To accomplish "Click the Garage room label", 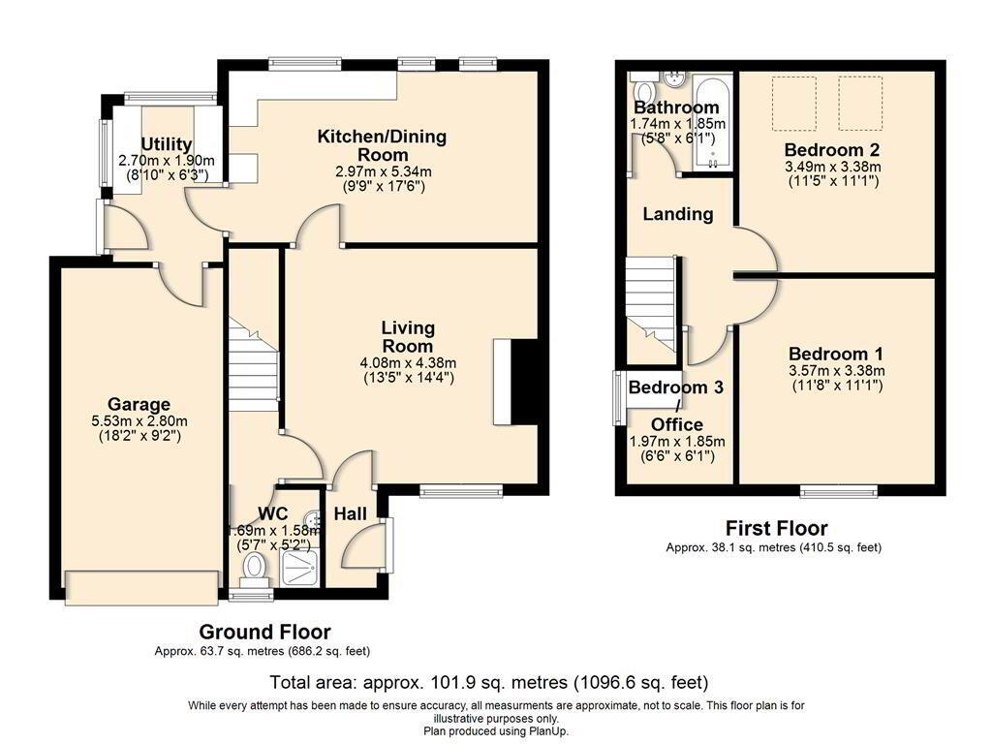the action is [139, 404].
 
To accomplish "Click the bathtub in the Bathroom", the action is [713, 123].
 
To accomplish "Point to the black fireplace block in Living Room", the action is [524, 382].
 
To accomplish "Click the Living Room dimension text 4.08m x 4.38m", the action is [408, 364].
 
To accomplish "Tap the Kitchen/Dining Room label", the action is [382, 145].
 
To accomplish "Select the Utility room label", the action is [166, 144].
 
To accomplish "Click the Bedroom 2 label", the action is [832, 150].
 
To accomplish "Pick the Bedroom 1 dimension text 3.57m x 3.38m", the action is [836, 371].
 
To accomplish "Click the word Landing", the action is [677, 214].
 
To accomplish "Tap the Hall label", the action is [350, 513].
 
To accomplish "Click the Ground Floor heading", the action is [264, 632].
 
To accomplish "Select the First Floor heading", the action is [776, 528].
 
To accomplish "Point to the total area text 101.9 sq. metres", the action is [499, 683].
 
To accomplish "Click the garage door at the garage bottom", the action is [141, 588].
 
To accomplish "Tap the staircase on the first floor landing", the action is [650, 303].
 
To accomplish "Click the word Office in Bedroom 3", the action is [676, 424].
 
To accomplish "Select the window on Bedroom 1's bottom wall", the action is [839, 491].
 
